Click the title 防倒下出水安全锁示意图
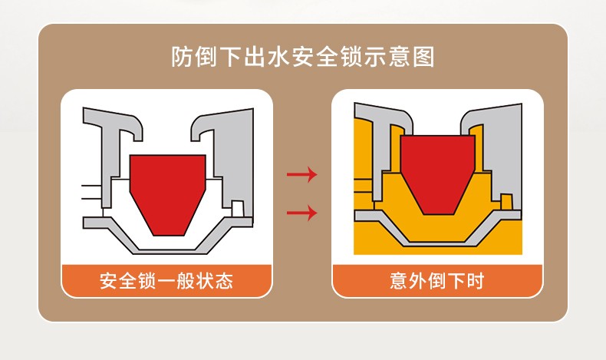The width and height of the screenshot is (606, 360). click(x=303, y=58)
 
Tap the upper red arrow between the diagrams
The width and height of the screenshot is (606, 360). click(x=301, y=175)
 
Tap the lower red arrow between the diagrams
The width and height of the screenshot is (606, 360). click(x=301, y=212)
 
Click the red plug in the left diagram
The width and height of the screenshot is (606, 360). click(x=167, y=192)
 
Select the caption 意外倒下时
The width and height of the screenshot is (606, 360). click(x=436, y=281)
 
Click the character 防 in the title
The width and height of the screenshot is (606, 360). click(x=182, y=58)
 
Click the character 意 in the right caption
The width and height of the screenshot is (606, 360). click(x=398, y=281)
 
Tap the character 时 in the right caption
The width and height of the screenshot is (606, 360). click(x=475, y=281)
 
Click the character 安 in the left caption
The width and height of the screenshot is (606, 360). click(x=109, y=281)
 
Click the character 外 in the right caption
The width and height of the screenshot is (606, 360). click(x=417, y=281)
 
